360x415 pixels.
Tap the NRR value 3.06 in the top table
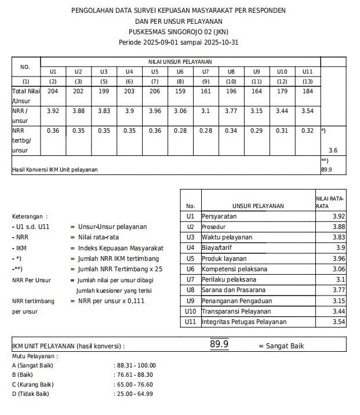[180, 111]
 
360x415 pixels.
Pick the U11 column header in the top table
[307, 71]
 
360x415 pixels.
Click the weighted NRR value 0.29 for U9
[256, 130]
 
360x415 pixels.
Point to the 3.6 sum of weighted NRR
[333, 150]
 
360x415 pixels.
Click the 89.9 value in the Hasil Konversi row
[326, 170]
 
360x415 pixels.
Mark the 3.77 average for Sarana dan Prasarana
[337, 290]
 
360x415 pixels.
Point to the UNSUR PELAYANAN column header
[258, 206]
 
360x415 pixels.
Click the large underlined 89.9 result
[219, 345]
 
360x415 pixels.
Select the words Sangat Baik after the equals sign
[285, 346]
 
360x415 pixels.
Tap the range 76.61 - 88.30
[136, 374]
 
